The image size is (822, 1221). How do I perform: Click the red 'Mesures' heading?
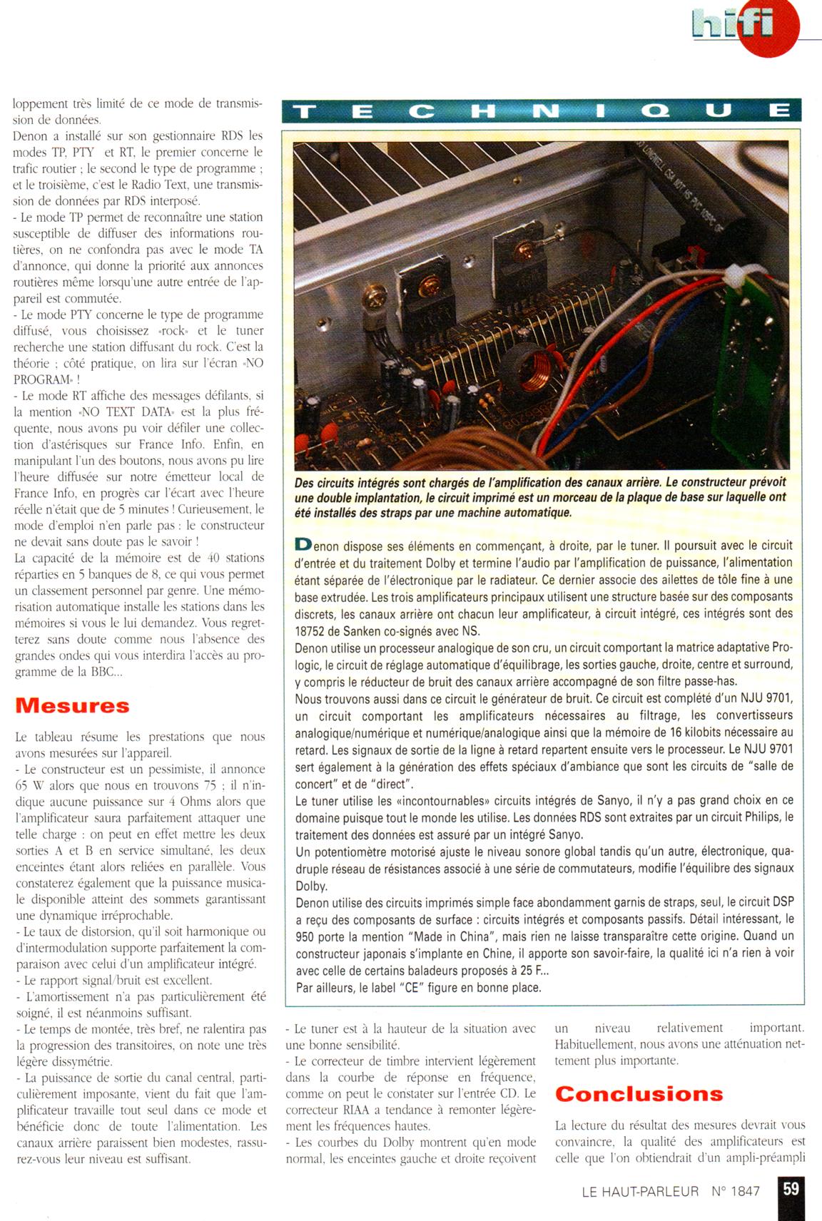point(72,705)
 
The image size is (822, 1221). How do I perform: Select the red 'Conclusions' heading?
point(639,1093)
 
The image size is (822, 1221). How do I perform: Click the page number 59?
point(791,1189)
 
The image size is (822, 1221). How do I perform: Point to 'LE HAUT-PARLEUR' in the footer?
point(640,1190)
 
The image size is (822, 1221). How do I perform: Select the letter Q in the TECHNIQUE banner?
point(660,111)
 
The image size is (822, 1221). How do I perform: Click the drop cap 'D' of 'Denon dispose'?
point(303,544)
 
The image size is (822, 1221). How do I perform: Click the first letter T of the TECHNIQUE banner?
point(305,111)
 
